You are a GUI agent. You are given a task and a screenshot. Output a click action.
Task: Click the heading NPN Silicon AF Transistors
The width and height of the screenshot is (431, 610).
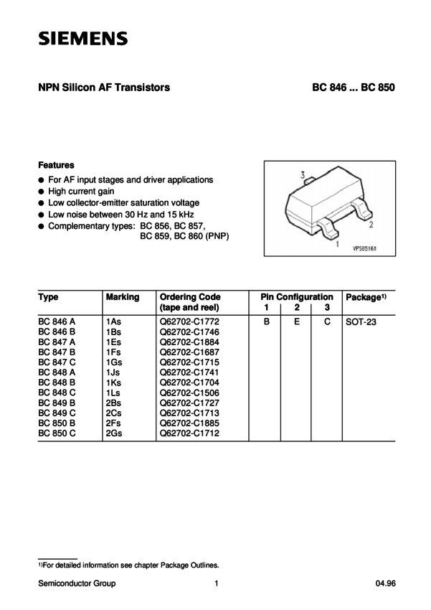pyautogui.click(x=103, y=89)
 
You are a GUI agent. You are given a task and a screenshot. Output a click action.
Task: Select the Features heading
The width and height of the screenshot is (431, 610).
pyautogui.click(x=56, y=164)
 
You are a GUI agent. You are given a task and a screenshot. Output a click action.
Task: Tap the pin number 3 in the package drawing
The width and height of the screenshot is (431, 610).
pyautogui.click(x=303, y=175)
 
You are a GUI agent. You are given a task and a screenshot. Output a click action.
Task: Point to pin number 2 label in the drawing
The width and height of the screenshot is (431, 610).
pyautogui.click(x=370, y=225)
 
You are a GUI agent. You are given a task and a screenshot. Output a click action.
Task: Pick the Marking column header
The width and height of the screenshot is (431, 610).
pyautogui.click(x=122, y=296)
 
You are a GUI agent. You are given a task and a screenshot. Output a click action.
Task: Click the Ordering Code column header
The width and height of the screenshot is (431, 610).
pyautogui.click(x=190, y=296)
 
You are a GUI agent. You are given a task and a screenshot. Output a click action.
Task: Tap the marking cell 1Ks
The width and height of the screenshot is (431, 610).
pyautogui.click(x=114, y=384)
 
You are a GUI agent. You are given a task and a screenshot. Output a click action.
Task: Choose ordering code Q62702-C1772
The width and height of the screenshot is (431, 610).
pyautogui.click(x=191, y=323)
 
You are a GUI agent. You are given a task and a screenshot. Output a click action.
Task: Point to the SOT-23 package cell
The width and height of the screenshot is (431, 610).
pyautogui.click(x=361, y=323)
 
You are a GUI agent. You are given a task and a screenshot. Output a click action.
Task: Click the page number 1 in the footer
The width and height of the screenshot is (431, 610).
pyautogui.click(x=215, y=583)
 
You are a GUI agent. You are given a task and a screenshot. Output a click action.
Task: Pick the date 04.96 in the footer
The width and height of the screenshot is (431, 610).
pyautogui.click(x=384, y=583)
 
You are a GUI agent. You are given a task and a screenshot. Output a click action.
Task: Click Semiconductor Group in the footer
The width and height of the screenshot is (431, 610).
pyautogui.click(x=76, y=583)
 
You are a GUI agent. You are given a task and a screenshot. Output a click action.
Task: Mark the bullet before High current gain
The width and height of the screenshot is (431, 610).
pyautogui.click(x=42, y=192)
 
